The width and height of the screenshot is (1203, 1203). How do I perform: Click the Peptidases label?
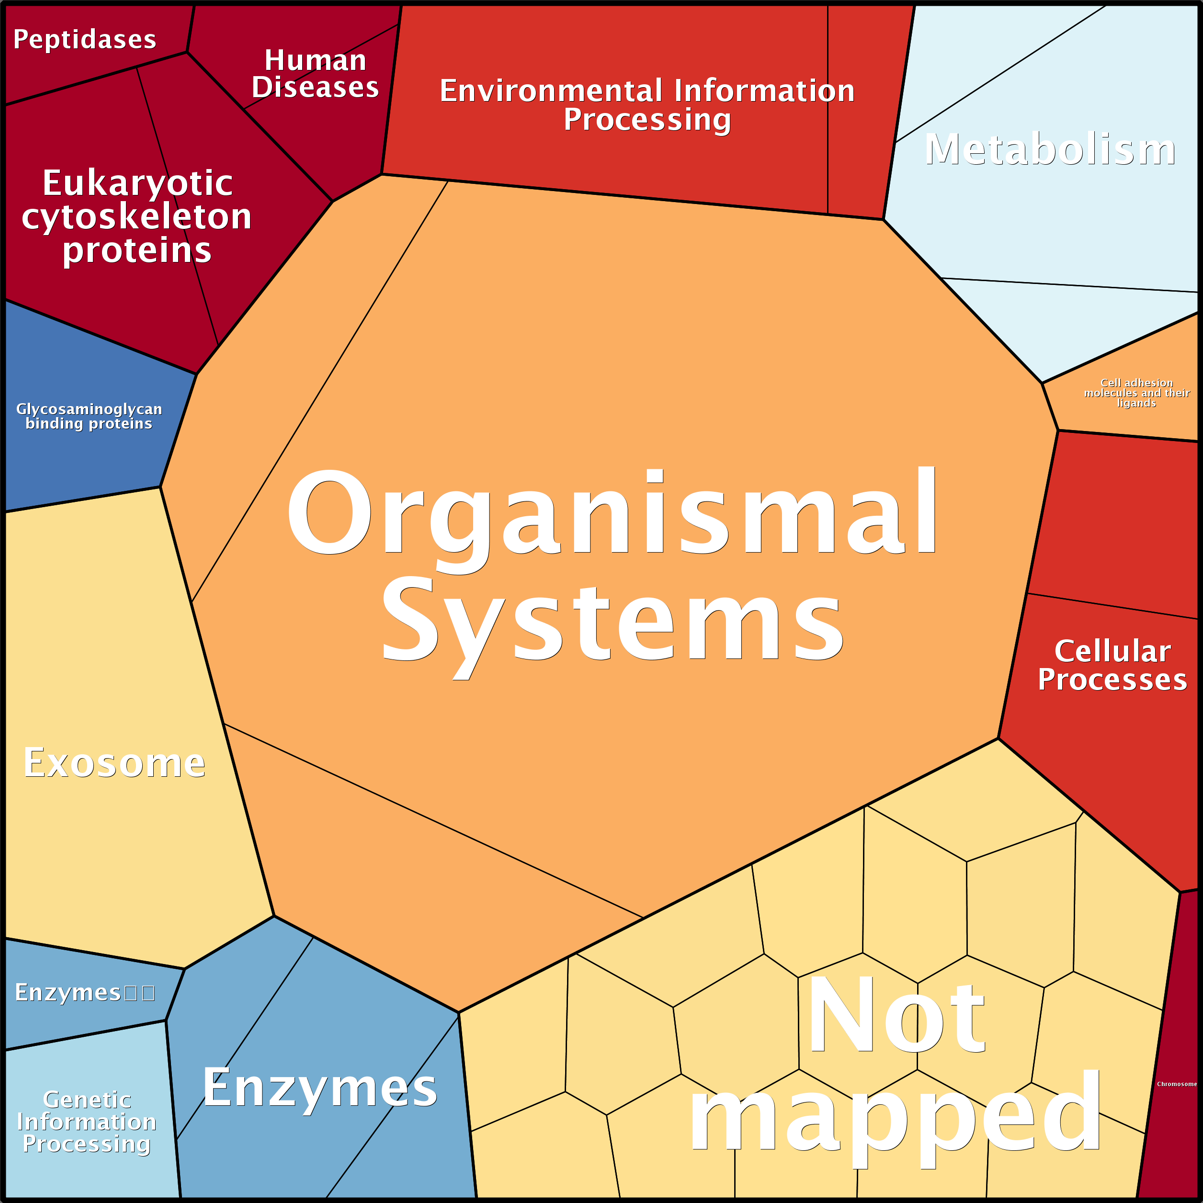85,40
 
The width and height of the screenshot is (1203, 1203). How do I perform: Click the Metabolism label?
1050,150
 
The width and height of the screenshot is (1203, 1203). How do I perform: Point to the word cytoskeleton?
137,216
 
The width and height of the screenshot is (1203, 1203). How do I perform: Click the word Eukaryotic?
137,183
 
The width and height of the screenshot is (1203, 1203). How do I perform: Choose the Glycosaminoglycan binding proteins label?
89,416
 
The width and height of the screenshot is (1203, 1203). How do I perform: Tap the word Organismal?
612,512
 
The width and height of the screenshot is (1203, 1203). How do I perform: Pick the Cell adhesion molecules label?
1136,393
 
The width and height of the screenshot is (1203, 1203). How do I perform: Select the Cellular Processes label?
1112,665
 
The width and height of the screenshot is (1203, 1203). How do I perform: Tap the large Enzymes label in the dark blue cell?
320,1087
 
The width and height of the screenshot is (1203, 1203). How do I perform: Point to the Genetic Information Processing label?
87,1122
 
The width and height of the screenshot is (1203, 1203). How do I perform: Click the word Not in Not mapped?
896,1015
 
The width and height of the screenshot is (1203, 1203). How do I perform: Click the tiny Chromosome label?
1176,1084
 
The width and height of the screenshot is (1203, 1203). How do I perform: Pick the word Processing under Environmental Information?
647,120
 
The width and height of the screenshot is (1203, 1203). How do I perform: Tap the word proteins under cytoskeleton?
137,250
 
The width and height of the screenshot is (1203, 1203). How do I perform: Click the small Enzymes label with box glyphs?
85,992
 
